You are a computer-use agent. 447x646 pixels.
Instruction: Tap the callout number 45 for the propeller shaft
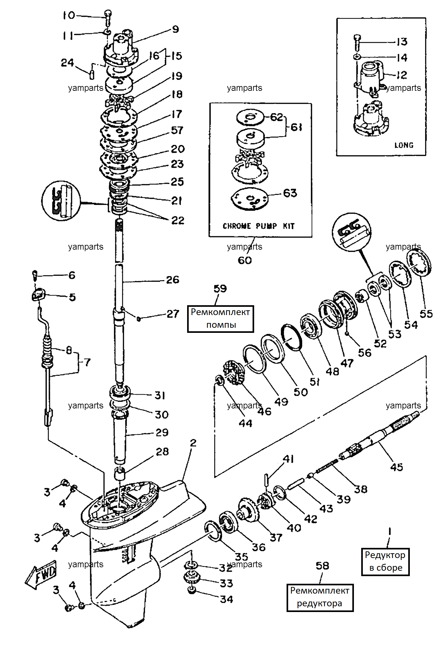tap(396, 467)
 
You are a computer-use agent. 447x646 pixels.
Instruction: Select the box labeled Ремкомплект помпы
tap(220, 319)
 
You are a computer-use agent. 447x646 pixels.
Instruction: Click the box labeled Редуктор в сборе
tap(385, 562)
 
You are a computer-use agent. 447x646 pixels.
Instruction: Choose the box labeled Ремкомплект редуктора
tap(320, 597)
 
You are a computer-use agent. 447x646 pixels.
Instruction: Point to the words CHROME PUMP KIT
tap(259, 226)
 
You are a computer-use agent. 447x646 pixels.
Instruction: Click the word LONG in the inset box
tap(404, 145)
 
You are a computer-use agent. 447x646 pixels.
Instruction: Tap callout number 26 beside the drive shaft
tap(173, 279)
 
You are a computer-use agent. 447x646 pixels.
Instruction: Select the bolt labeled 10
tap(108, 18)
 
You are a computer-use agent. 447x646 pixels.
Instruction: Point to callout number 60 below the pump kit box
tap(245, 260)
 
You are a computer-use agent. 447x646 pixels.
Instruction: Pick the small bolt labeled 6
tap(35, 275)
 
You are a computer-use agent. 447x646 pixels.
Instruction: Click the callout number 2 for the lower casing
tap(193, 442)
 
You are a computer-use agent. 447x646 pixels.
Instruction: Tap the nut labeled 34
tap(191, 590)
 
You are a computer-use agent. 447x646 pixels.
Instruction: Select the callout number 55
tap(426, 314)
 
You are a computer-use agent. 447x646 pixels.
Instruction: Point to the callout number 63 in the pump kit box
tap(290, 193)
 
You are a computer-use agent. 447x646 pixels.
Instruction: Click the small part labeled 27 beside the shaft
tap(139, 318)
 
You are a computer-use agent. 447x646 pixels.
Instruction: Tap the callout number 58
tap(322, 565)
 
